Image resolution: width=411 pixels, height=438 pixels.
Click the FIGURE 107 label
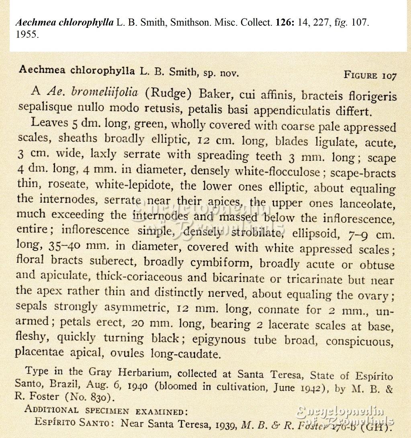tap(370, 75)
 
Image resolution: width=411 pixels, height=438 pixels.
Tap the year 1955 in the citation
tap(27, 34)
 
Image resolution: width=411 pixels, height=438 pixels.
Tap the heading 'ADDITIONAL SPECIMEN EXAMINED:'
tap(106, 411)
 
